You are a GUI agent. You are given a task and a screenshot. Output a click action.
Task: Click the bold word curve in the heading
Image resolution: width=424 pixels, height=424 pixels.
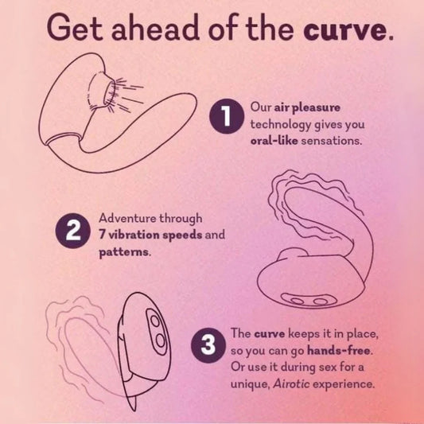tap(344, 30)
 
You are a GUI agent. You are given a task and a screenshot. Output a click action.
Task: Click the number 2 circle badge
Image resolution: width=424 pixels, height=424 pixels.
tap(72, 231)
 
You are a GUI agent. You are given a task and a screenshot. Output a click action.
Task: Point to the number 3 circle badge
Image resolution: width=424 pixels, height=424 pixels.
tap(208, 345)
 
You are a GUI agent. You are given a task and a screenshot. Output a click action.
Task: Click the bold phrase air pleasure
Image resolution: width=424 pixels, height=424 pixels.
tap(307, 108)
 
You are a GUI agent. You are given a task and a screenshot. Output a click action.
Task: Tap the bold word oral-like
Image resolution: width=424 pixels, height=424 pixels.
tap(274, 141)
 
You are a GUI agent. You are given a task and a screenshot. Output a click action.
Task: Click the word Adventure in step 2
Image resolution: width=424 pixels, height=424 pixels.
tap(127, 218)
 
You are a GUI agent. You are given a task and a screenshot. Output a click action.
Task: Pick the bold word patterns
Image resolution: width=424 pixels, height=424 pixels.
tap(123, 252)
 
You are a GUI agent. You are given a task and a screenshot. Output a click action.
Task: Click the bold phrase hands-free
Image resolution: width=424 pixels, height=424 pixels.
tap(338, 351)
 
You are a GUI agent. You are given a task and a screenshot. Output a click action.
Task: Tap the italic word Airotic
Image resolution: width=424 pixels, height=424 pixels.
tap(291, 383)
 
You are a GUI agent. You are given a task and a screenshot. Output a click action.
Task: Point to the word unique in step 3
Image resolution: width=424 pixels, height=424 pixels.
tap(250, 384)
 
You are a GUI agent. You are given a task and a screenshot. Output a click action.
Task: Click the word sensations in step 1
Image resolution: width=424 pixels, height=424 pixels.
tap(331, 141)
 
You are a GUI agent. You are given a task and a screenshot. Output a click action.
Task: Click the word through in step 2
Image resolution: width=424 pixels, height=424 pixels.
tap(181, 219)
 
